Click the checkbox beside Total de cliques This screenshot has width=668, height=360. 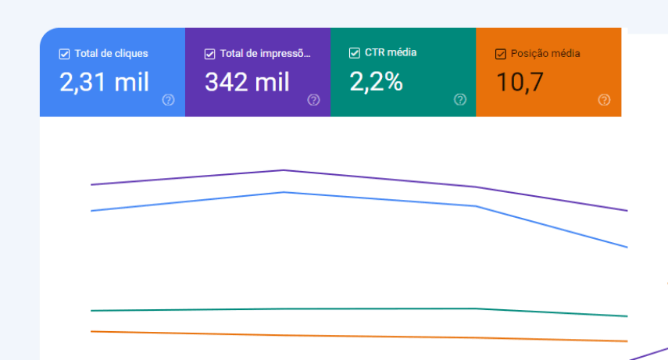[65, 55]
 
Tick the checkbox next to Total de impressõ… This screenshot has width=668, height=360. [209, 55]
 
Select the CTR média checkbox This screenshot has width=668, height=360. [355, 53]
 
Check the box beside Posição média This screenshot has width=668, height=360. [501, 55]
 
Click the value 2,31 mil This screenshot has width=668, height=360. [104, 82]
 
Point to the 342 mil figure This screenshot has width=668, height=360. [246, 82]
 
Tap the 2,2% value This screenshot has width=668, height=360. [376, 81]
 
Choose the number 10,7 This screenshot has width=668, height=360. [519, 82]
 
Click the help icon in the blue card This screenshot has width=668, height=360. [168, 100]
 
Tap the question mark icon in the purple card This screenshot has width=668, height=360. [313, 100]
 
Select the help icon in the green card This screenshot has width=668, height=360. [460, 99]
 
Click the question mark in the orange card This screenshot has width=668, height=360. [604, 100]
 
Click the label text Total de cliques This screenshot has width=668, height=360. [111, 55]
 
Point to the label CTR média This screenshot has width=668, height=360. [391, 53]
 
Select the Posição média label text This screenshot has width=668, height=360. [545, 55]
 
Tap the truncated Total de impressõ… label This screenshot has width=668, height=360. [265, 55]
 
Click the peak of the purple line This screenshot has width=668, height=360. [284, 169]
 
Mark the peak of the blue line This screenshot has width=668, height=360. [284, 192]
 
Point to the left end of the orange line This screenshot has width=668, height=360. [92, 331]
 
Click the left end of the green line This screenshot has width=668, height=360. [92, 311]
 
